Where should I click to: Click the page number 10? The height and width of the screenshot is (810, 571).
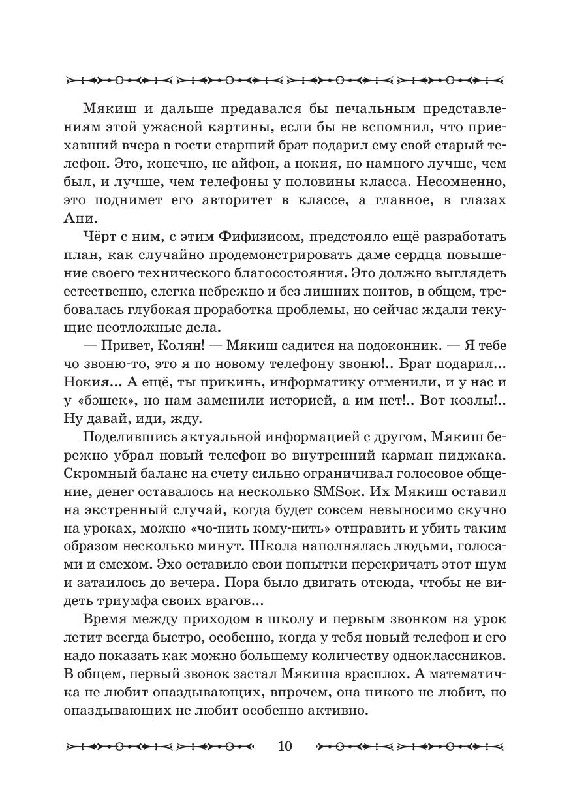point(285,746)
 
